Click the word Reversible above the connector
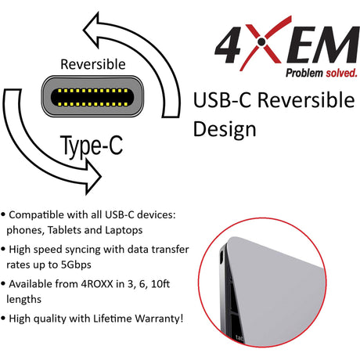[x=93, y=63]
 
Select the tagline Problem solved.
[x=320, y=73]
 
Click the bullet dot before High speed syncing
[x=5, y=249]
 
